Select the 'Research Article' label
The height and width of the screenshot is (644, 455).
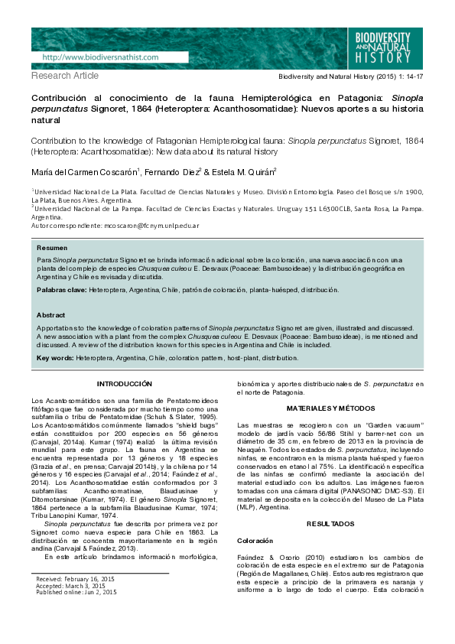point(65,76)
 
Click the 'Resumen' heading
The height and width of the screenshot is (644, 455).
point(52,249)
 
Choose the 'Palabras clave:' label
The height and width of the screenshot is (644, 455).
point(61,291)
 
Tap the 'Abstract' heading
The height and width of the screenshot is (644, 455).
point(51,315)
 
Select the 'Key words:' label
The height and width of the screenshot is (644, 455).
point(55,357)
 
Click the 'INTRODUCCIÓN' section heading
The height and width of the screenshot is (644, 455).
point(125,384)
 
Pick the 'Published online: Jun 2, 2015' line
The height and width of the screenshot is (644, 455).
point(76,593)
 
